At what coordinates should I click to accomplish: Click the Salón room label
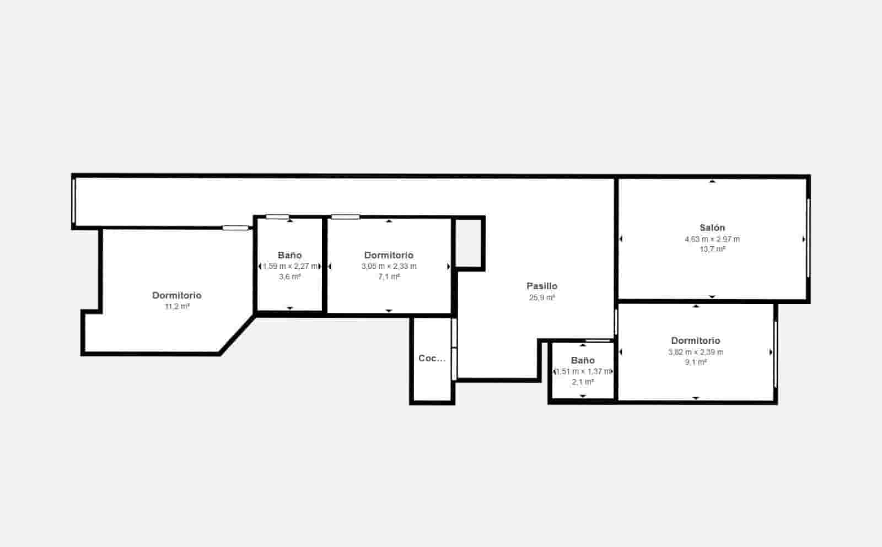(x=712, y=228)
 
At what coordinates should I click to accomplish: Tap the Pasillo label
(x=542, y=286)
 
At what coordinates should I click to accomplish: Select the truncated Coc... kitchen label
(x=432, y=359)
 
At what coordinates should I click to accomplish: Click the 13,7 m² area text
(x=712, y=249)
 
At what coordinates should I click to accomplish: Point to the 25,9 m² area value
(x=542, y=297)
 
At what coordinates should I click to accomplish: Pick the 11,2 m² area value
(x=177, y=307)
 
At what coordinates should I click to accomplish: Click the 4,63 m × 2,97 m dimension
(x=712, y=239)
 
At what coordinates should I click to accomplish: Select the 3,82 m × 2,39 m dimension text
(x=696, y=352)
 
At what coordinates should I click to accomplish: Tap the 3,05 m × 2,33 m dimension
(x=389, y=266)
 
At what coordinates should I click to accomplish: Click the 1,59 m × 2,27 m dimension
(x=290, y=266)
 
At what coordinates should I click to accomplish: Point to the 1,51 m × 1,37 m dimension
(x=583, y=371)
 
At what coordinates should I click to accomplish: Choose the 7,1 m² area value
(x=389, y=277)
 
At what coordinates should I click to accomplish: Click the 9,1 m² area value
(x=696, y=362)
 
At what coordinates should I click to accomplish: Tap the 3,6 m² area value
(x=290, y=277)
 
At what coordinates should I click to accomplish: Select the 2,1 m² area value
(x=583, y=382)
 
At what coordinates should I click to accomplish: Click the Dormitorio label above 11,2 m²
(x=177, y=296)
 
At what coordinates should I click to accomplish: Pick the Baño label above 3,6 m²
(x=290, y=255)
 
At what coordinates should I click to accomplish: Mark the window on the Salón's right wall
(x=808, y=238)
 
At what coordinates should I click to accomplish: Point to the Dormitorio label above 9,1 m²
(x=696, y=341)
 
